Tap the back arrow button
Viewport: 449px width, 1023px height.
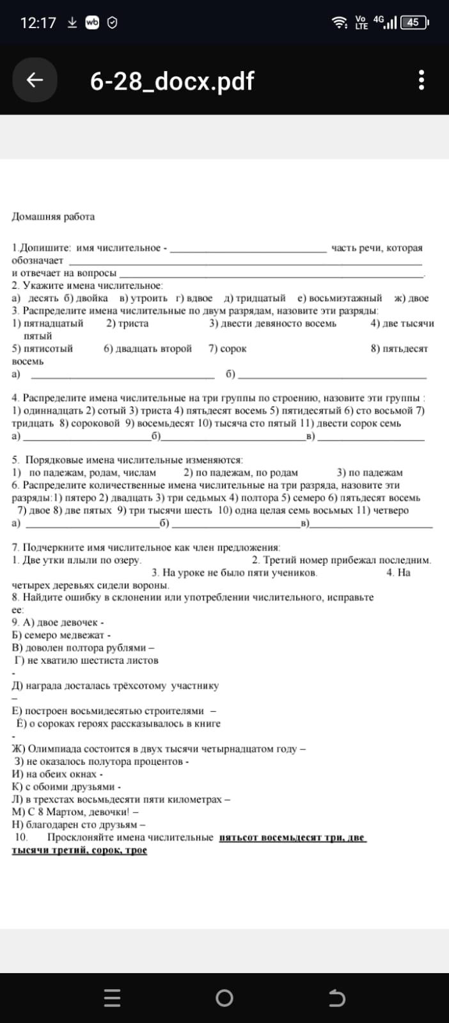(35, 80)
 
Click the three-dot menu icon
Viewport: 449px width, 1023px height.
(421, 81)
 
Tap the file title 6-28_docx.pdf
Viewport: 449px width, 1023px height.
(172, 81)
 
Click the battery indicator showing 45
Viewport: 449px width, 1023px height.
(413, 22)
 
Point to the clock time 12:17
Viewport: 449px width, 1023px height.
(38, 23)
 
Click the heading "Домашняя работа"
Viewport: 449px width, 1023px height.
(53, 217)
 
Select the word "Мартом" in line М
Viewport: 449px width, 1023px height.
(63, 812)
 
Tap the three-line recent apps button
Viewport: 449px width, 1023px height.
(112, 998)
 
